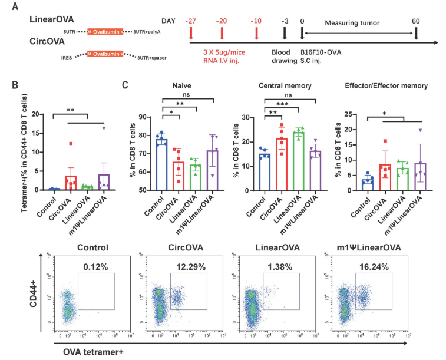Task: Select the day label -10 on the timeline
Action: [256, 21]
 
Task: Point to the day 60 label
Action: [417, 21]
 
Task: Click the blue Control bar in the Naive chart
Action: [161, 164]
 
